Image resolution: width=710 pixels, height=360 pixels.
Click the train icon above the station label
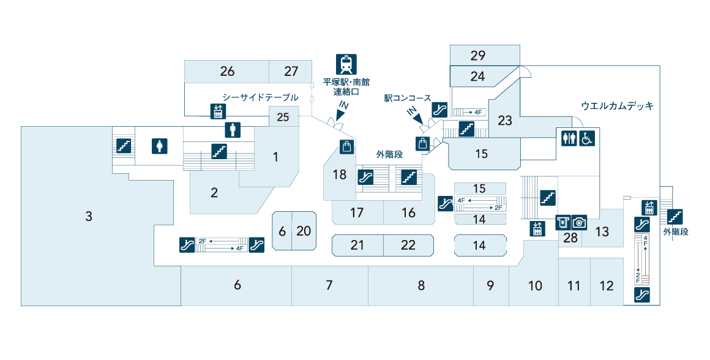coord(346,64)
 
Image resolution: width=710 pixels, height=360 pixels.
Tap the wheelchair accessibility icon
coord(586,138)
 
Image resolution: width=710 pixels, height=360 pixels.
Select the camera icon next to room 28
coord(579,223)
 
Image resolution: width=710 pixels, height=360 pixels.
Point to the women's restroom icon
coord(159,146)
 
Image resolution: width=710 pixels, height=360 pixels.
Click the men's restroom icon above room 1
coord(233,130)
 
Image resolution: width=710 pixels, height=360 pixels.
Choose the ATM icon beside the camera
coord(562,223)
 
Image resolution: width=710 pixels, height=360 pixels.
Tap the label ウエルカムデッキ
coord(617,106)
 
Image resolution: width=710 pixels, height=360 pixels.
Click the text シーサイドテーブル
coord(260,97)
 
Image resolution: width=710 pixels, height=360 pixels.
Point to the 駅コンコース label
coord(408,98)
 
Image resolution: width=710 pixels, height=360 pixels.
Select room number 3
coord(89,216)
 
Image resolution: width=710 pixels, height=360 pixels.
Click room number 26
coord(227,72)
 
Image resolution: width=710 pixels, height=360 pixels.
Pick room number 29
coord(478,56)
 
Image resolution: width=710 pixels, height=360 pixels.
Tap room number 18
coord(339,175)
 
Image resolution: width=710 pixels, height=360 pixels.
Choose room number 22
coord(408,246)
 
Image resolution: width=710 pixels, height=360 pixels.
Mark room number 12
coord(606,286)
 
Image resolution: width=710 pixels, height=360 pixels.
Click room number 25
coord(283,117)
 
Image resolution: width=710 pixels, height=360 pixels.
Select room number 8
coord(421,285)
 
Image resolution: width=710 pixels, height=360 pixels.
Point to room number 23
coord(505,121)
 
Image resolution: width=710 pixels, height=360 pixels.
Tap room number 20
coord(304,231)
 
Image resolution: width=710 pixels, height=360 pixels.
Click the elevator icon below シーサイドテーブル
coord(219,111)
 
